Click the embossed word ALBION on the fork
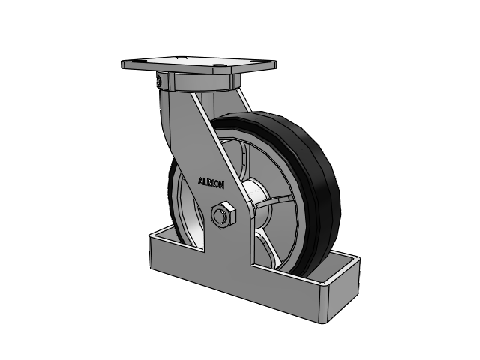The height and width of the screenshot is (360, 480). coord(211,183)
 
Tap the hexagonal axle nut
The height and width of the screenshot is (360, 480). coord(223,214)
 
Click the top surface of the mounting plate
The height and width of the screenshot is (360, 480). coord(199,64)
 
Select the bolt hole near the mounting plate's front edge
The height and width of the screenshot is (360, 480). coord(218,65)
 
